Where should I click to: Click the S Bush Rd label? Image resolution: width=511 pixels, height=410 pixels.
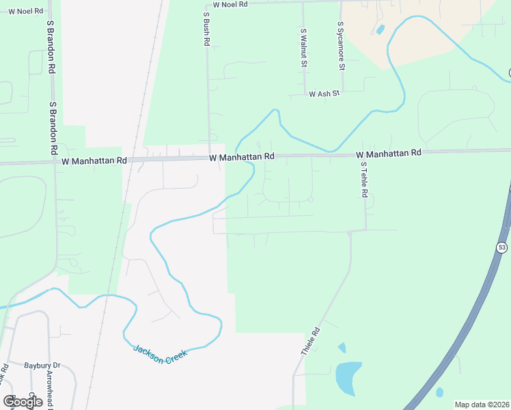(206, 29)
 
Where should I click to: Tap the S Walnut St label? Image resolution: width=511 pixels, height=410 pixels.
(303, 47)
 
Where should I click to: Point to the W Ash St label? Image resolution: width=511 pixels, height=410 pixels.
(324, 94)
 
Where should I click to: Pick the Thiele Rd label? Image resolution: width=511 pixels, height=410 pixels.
(311, 342)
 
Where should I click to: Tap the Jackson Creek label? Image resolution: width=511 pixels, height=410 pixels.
(158, 354)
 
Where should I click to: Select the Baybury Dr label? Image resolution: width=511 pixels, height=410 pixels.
(42, 366)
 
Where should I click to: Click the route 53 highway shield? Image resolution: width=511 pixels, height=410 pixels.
(502, 247)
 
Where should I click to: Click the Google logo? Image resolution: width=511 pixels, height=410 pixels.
(23, 402)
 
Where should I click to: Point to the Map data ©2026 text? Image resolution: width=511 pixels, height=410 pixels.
(482, 405)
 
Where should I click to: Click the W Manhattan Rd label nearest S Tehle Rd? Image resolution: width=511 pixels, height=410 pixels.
(388, 154)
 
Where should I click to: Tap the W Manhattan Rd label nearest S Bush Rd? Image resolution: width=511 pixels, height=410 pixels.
(242, 157)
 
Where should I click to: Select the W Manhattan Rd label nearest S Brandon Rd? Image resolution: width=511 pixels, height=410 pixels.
(94, 161)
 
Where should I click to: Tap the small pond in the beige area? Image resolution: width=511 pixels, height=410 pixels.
(380, 29)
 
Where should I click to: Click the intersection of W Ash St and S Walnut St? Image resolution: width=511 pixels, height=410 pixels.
(304, 94)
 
